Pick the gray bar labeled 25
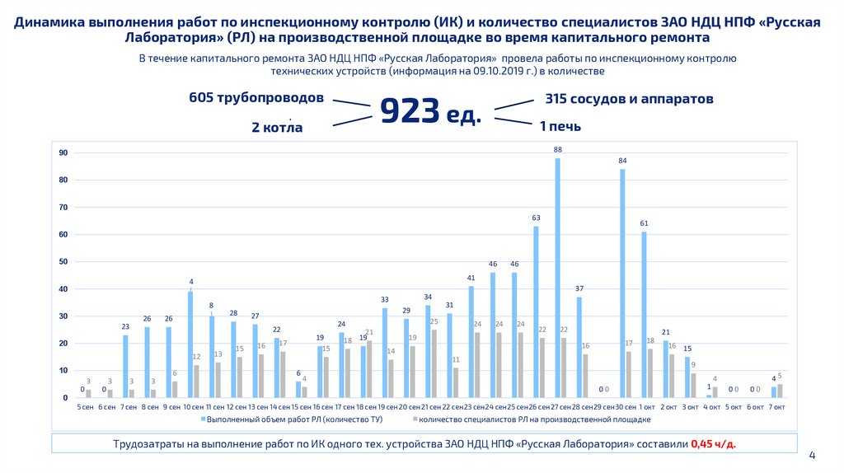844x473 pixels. click(434, 363)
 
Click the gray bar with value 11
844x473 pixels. click(456, 382)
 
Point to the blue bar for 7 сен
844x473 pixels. click(125, 366)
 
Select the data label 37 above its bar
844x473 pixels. click(579, 288)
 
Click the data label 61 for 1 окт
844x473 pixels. click(644, 223)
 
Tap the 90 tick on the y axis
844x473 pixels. click(63, 153)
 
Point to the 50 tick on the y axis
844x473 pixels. click(63, 262)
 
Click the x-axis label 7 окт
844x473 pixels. click(776, 407)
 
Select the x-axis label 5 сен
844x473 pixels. click(85, 407)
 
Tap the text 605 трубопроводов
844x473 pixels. click(256, 98)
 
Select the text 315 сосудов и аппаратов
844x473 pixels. click(629, 98)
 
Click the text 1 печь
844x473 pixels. click(560, 126)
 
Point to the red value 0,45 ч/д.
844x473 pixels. click(714, 443)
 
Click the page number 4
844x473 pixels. click(812, 454)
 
